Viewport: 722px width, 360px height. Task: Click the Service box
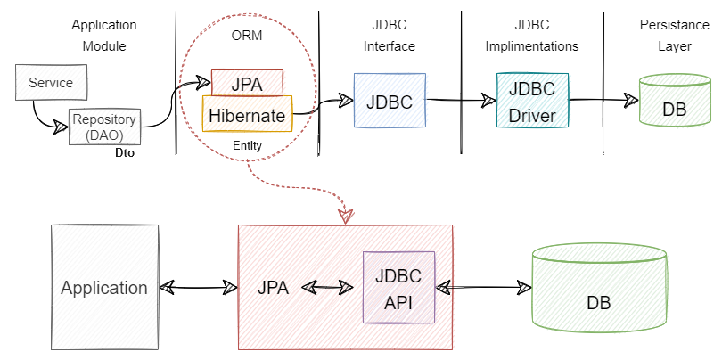pyautogui.click(x=51, y=83)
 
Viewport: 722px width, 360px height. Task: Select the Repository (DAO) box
pyautogui.click(x=104, y=126)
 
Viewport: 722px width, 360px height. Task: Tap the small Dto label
pyautogui.click(x=126, y=152)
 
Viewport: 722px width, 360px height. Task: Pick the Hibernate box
pyautogui.click(x=247, y=115)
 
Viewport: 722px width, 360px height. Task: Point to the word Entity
pyautogui.click(x=247, y=144)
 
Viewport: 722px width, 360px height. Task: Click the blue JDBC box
pyautogui.click(x=389, y=101)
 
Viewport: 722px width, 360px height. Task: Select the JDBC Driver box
pyautogui.click(x=532, y=102)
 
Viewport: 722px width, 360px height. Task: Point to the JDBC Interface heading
pyautogui.click(x=390, y=37)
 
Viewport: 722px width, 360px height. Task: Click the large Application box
pyautogui.click(x=104, y=287)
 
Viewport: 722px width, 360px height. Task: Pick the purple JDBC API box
pyautogui.click(x=398, y=287)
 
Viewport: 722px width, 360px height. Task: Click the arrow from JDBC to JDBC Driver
pyautogui.click(x=460, y=101)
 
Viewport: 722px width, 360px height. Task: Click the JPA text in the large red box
pyautogui.click(x=275, y=288)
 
